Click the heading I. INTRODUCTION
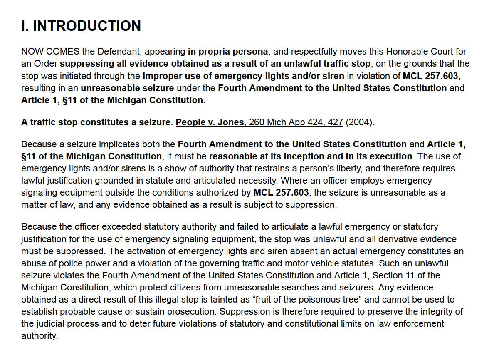pos(81,26)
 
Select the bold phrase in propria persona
pos(228,52)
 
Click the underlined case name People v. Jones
pos(210,122)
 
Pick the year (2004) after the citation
pos(360,122)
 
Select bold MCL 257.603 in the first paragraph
pos(430,76)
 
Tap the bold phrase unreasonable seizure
pos(127,88)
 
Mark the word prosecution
pos(193,312)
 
